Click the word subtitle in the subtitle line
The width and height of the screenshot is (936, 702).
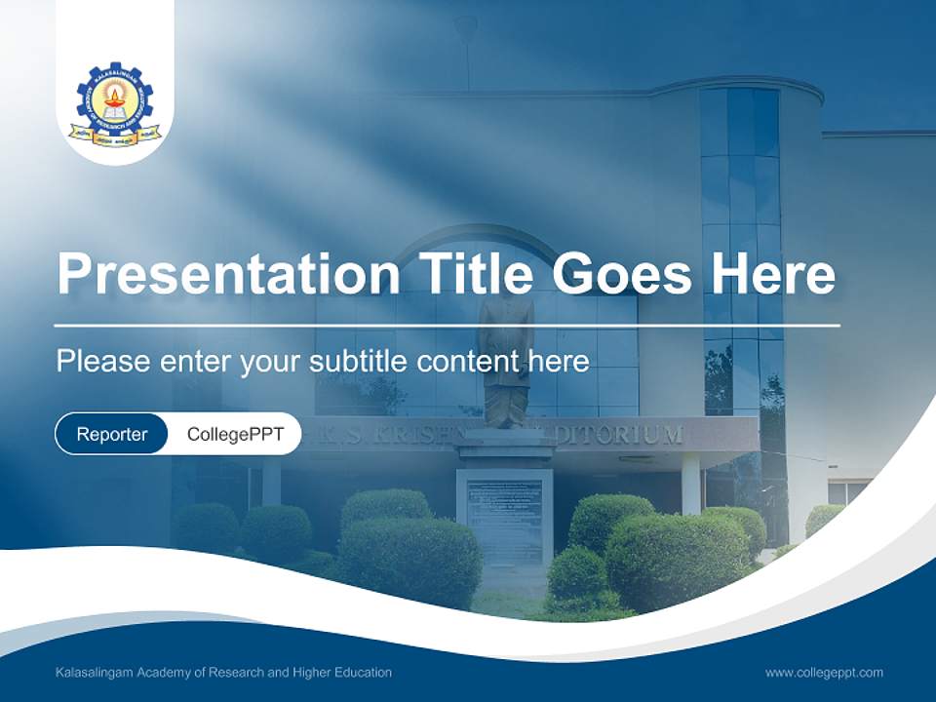pyautogui.click(x=360, y=362)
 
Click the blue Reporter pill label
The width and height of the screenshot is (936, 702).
pyautogui.click(x=111, y=434)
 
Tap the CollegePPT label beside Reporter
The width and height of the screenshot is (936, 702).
pyautogui.click(x=235, y=434)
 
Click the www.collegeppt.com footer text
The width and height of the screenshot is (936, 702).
pyautogui.click(x=824, y=673)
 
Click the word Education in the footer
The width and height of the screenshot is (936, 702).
pyautogui.click(x=362, y=673)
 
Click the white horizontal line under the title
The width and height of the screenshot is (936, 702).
pyautogui.click(x=448, y=325)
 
